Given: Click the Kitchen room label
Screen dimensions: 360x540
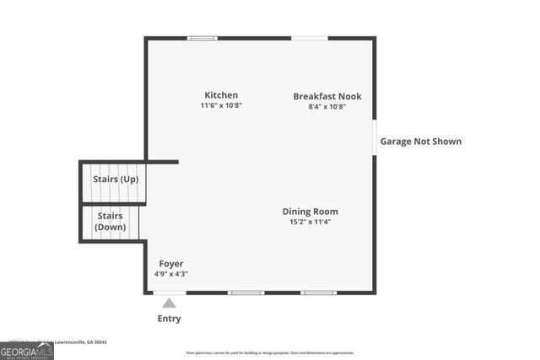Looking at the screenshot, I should (x=221, y=95).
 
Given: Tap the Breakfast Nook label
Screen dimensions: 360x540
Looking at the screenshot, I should (x=327, y=96).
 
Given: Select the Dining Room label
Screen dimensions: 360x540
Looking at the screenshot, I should (x=310, y=212).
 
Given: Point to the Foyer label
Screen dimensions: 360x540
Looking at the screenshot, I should (x=171, y=264).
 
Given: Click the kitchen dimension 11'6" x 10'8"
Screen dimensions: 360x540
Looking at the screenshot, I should (x=221, y=106).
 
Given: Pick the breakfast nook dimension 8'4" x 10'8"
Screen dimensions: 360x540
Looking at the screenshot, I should (x=327, y=107).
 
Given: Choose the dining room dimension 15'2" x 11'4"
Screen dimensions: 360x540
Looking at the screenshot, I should (x=310, y=222).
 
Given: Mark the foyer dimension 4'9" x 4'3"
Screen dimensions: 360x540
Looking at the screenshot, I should (x=171, y=274).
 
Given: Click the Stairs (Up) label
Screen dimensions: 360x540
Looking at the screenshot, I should (x=116, y=179).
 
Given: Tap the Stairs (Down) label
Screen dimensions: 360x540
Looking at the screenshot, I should (x=111, y=222).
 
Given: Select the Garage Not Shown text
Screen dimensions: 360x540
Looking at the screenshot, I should (x=421, y=142).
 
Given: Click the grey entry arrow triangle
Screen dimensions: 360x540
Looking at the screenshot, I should (x=170, y=304).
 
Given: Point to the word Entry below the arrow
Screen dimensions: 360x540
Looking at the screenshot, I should (x=170, y=319).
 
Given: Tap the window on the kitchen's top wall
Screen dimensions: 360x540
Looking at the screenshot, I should (x=202, y=38).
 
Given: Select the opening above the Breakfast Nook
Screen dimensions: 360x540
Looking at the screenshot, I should (x=310, y=38).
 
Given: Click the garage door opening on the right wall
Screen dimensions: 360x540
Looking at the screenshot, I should (x=374, y=137).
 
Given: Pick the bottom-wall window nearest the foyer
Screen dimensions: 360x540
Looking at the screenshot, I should (x=246, y=293).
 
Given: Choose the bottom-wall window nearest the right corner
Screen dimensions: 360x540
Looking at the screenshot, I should (x=318, y=293).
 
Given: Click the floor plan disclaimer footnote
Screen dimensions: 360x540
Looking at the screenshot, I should (x=270, y=353).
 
